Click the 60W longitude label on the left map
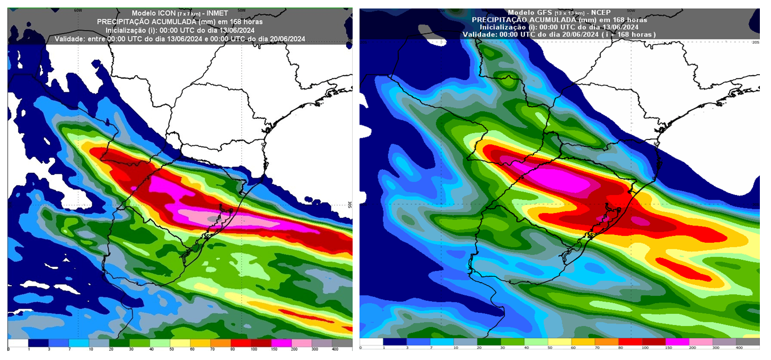click(x=78, y=10)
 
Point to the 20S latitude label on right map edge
click(x=756, y=42)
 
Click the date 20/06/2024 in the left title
click(x=284, y=39)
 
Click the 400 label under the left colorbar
click(x=335, y=349)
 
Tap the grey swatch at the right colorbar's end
click(x=747, y=341)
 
